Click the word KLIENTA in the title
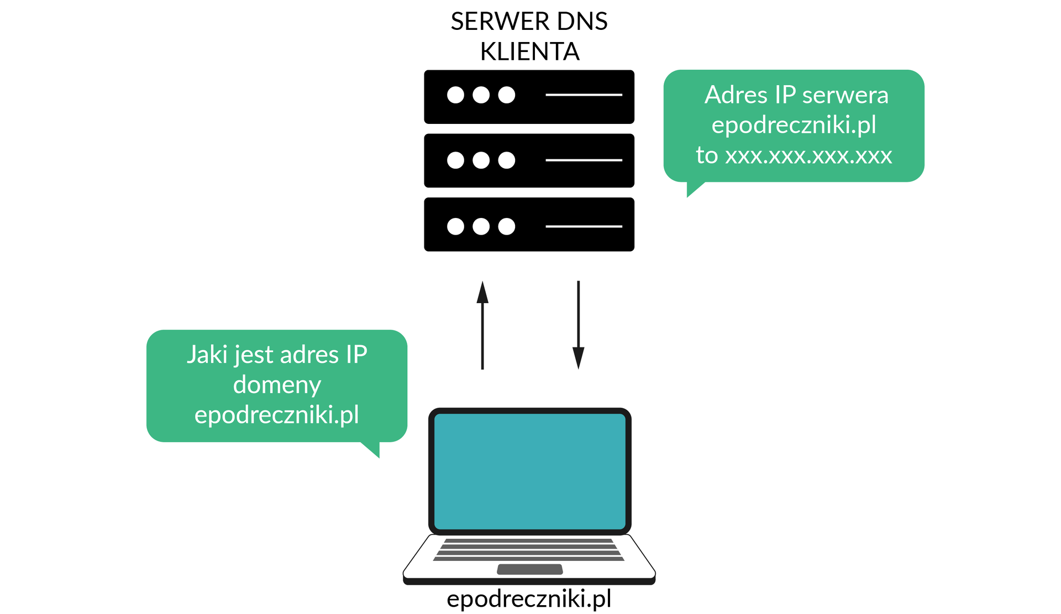pyautogui.click(x=529, y=51)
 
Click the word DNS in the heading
pyautogui.click(x=582, y=22)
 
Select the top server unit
pyautogui.click(x=529, y=96)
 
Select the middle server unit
pyautogui.click(x=529, y=160)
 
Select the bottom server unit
pyautogui.click(x=529, y=224)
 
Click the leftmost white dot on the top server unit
pyautogui.click(x=455, y=95)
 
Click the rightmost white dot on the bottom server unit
pyautogui.click(x=506, y=226)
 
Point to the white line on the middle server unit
pyautogui.click(x=584, y=160)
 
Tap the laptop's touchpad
pyautogui.click(x=529, y=569)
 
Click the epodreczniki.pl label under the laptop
pyautogui.click(x=529, y=599)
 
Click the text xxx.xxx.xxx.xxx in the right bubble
pyautogui.click(x=808, y=155)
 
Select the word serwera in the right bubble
pyautogui.click(x=845, y=95)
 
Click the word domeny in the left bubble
pyautogui.click(x=277, y=384)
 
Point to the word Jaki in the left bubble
pyautogui.click(x=206, y=355)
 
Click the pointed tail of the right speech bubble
pyautogui.click(x=692, y=189)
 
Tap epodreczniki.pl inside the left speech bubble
pyautogui.click(x=277, y=415)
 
